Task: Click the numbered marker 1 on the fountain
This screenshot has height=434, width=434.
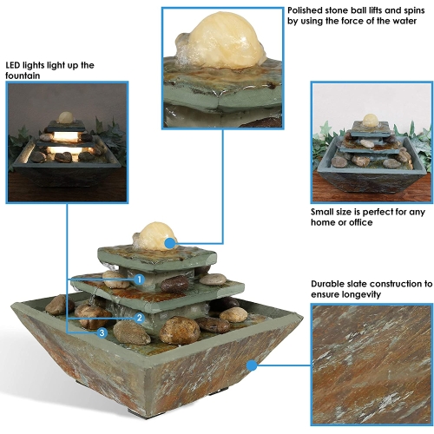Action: (x=139, y=279)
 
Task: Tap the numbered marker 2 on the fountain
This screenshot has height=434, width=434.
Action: (x=139, y=318)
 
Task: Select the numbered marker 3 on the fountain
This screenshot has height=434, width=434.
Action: (x=102, y=332)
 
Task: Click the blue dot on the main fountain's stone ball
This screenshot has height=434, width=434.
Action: (x=170, y=243)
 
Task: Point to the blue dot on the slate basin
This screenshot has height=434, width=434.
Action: (x=253, y=365)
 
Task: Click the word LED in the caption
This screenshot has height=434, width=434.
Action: (x=13, y=65)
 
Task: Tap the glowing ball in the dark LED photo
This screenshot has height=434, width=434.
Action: (x=65, y=117)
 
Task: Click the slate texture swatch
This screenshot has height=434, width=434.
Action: (x=372, y=365)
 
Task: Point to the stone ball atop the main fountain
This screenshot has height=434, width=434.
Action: (x=156, y=236)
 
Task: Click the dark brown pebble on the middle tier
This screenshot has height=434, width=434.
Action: (x=174, y=284)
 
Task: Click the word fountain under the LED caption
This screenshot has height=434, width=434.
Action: (x=23, y=76)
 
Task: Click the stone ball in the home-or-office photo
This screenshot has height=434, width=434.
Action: (x=369, y=121)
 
